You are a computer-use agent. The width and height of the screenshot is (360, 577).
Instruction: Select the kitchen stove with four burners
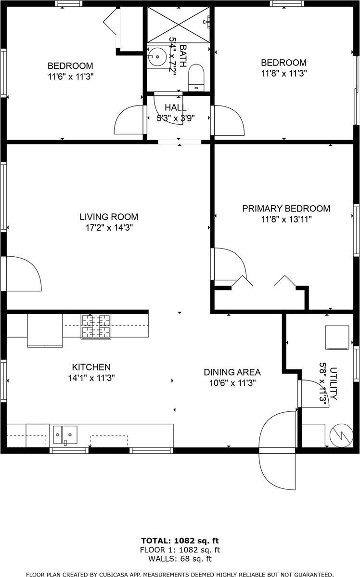click(96, 326)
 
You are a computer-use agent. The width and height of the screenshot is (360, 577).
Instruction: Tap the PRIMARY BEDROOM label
click(286, 209)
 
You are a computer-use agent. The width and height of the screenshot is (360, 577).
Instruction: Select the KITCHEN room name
click(91, 367)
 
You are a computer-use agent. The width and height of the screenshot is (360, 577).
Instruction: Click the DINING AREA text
click(232, 372)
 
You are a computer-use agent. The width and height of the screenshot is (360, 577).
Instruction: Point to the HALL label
click(175, 108)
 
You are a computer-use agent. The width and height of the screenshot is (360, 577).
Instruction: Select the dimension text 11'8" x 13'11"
click(285, 220)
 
